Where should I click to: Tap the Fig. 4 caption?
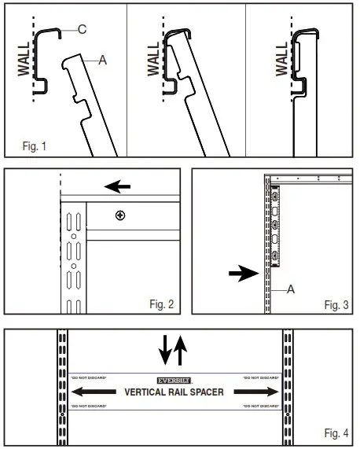pos(336,434)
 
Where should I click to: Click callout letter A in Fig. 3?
pos(291,289)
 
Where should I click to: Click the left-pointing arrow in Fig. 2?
pos(118,187)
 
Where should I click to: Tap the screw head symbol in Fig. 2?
pos(119,215)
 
